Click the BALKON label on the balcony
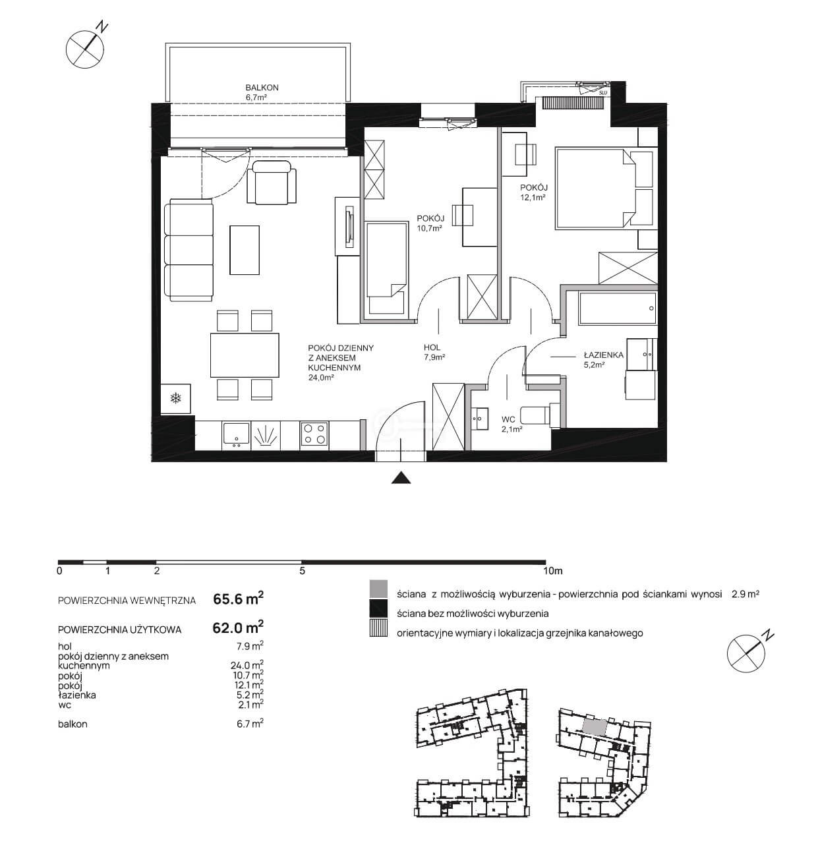[x=262, y=88]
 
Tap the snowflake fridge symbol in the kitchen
[x=175, y=398]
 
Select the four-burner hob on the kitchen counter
[x=314, y=434]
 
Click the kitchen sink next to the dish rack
[x=236, y=434]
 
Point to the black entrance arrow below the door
[x=401, y=478]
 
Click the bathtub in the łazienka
[x=618, y=308]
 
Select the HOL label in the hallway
[x=432, y=347]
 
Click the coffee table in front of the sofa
[x=245, y=250]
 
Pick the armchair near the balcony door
[x=271, y=183]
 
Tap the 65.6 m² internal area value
[x=238, y=599]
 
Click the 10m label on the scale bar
[x=552, y=571]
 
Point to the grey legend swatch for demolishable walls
[x=378, y=589]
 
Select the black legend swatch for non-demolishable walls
[x=378, y=608]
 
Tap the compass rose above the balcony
[x=85, y=49]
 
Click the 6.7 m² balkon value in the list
[x=250, y=723]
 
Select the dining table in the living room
[x=245, y=355]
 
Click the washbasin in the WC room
[x=481, y=419]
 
